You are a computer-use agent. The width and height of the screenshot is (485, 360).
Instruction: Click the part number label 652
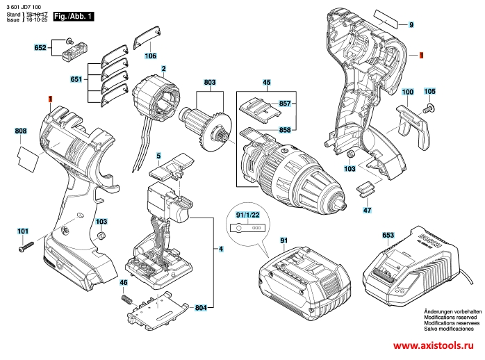point(40,48)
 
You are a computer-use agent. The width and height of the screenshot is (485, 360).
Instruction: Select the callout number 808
point(21,131)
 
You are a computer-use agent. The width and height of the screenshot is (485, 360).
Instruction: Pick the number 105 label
point(429,92)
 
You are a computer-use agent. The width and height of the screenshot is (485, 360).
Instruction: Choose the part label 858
point(284,129)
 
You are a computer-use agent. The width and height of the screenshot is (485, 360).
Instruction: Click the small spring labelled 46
point(126,297)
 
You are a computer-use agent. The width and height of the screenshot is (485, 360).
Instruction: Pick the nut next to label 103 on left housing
point(101,236)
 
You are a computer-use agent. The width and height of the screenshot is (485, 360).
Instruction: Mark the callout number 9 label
point(411,25)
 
